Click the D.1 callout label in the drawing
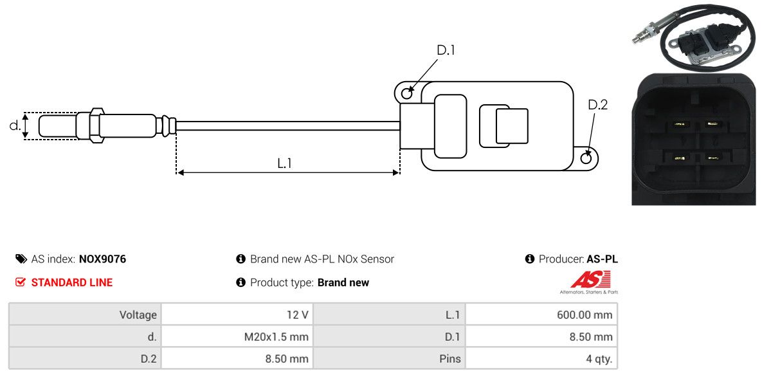pyautogui.click(x=446, y=50)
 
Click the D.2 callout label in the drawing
pyautogui.click(x=597, y=105)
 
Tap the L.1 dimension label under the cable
pyautogui.click(x=285, y=163)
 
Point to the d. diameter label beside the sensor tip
pyautogui.click(x=15, y=125)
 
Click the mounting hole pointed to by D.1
pyautogui.click(x=407, y=94)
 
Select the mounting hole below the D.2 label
pyautogui.click(x=586, y=158)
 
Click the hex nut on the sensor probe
pyautogui.click(x=94, y=125)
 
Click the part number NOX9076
pyautogui.click(x=102, y=259)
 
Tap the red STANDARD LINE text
pyautogui.click(x=71, y=282)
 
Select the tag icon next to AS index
pyautogui.click(x=21, y=259)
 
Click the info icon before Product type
pyautogui.click(x=241, y=282)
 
